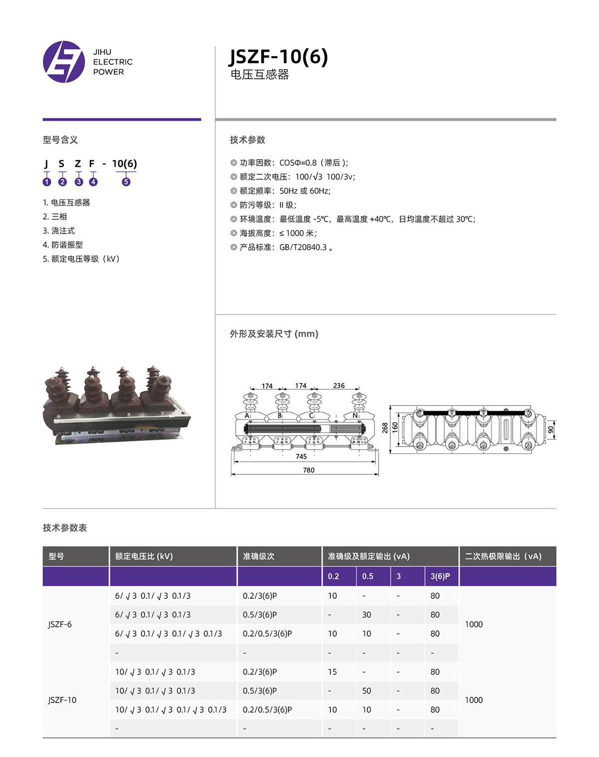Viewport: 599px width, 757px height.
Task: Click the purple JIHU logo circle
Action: tap(64, 62)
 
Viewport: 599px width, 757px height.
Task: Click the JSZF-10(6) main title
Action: tap(279, 56)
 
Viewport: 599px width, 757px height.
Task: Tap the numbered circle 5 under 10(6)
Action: tap(126, 182)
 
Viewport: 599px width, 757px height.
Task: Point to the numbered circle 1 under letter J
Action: tap(47, 182)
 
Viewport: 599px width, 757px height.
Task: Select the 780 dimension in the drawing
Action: tap(308, 470)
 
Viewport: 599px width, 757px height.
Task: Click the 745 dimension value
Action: tap(301, 456)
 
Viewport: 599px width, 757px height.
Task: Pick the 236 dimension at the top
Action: tap(339, 386)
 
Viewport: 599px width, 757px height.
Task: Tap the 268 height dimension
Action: tap(385, 428)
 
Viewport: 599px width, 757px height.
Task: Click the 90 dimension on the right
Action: tap(551, 430)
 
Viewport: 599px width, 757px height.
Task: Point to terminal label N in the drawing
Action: tap(355, 416)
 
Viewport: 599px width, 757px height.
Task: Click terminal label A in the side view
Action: tap(247, 416)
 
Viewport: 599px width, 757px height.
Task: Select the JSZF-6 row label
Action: tap(60, 624)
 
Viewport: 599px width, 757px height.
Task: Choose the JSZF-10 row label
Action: tap(62, 700)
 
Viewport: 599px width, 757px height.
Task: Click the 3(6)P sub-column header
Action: tap(440, 576)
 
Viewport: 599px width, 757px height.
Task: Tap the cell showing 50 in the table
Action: tap(367, 691)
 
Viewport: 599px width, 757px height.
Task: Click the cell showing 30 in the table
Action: tap(367, 615)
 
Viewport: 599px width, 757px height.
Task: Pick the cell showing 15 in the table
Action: tap(332, 672)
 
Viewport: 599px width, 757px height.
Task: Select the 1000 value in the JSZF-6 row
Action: tap(474, 624)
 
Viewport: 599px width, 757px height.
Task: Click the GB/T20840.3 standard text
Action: tap(303, 248)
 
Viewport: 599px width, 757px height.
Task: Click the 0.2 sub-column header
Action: tap(333, 576)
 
